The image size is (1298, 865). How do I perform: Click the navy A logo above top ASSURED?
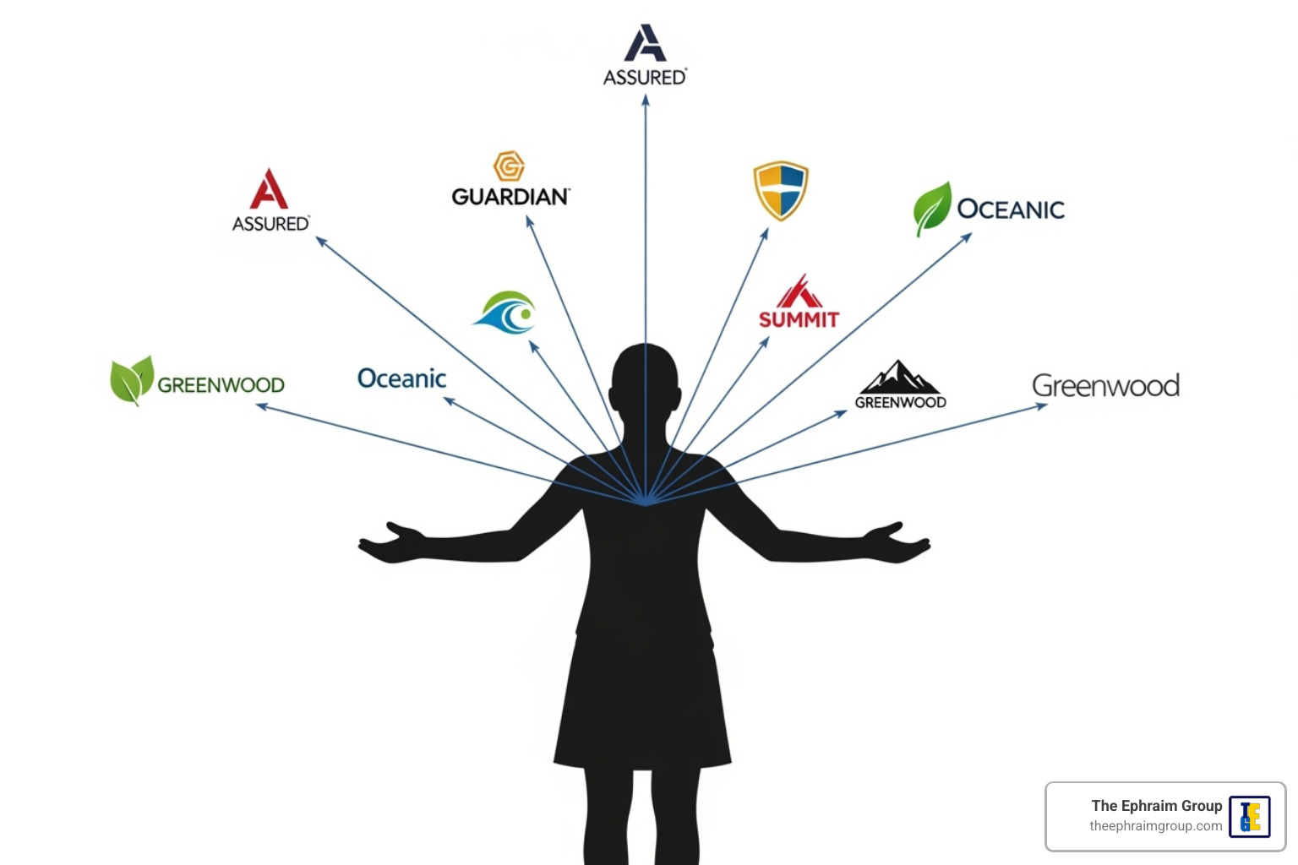pyautogui.click(x=645, y=42)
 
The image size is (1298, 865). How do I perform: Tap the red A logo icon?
pyautogui.click(x=268, y=189)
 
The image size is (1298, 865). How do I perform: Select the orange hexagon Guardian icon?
pyautogui.click(x=509, y=166)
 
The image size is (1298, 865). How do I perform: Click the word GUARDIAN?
pyautogui.click(x=510, y=197)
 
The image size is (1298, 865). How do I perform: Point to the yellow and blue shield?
pyautogui.click(x=781, y=190)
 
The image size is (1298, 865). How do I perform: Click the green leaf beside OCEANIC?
pyautogui.click(x=932, y=207)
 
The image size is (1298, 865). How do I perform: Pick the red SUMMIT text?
pyautogui.click(x=799, y=319)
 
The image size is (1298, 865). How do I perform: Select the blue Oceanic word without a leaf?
pyautogui.click(x=401, y=378)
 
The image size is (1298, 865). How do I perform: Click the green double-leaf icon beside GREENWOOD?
pyautogui.click(x=133, y=380)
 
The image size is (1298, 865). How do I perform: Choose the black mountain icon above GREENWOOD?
pyautogui.click(x=899, y=377)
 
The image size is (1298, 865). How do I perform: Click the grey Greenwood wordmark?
pyautogui.click(x=1105, y=386)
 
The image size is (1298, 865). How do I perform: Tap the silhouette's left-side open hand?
pyautogui.click(x=391, y=542)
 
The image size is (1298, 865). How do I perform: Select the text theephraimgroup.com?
pyautogui.click(x=1155, y=825)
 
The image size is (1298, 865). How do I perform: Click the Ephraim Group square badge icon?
pyautogui.click(x=1250, y=817)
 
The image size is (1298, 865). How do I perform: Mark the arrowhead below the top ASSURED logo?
pyautogui.click(x=646, y=101)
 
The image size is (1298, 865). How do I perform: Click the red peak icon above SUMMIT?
pyautogui.click(x=800, y=291)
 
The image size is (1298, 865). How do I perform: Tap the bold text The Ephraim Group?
pyautogui.click(x=1157, y=806)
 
